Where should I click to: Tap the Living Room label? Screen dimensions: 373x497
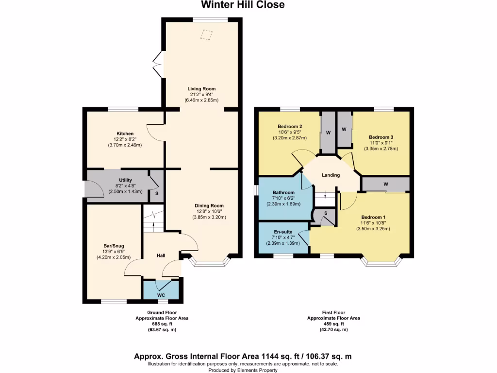pyautogui.click(x=201, y=89)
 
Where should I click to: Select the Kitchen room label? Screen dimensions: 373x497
pyautogui.click(x=125, y=134)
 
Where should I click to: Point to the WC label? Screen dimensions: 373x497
pyautogui.click(x=161, y=295)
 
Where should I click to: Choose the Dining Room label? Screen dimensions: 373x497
pyautogui.click(x=210, y=205)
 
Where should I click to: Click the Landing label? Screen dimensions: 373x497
pyautogui.click(x=330, y=175)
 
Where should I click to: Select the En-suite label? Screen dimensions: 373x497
pyautogui.click(x=283, y=231)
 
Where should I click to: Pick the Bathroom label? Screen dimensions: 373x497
pyautogui.click(x=283, y=192)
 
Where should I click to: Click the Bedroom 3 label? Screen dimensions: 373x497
pyautogui.click(x=381, y=137)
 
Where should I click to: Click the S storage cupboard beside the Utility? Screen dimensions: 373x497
pyautogui.click(x=156, y=193)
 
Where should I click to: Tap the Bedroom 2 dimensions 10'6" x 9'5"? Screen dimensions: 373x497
pyautogui.click(x=290, y=132)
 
